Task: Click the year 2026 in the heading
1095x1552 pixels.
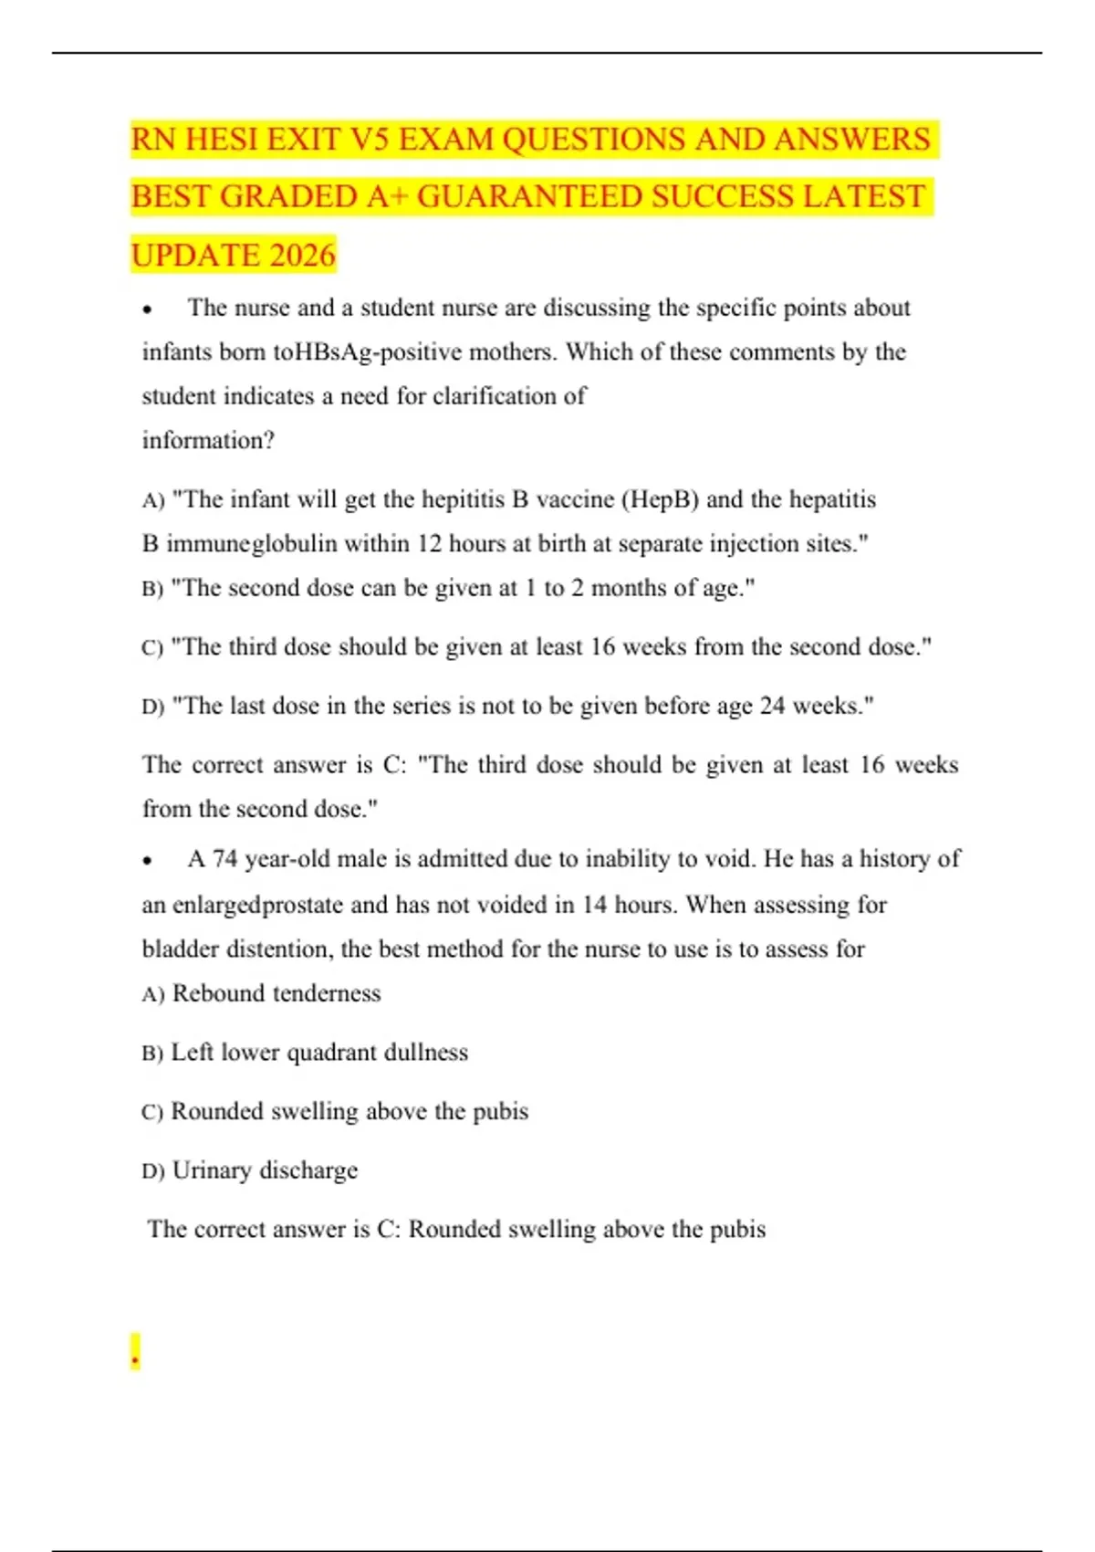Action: (303, 256)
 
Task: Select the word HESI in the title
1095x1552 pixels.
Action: (218, 140)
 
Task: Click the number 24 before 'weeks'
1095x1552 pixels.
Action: (772, 706)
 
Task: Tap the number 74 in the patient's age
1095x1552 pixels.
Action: (224, 859)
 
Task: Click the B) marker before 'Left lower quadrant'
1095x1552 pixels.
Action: (152, 1054)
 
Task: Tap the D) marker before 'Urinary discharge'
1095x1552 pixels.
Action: (152, 1171)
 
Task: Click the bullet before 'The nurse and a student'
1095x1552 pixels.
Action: (146, 309)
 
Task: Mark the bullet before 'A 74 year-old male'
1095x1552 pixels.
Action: (146, 860)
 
